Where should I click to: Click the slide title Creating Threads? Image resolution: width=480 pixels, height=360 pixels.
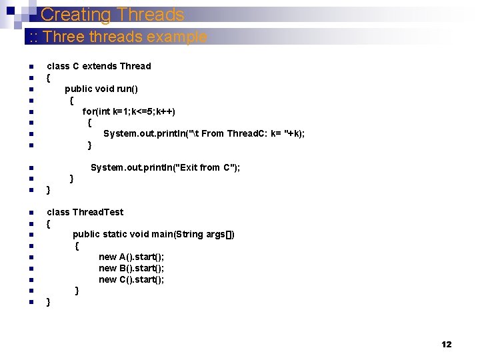click(x=112, y=15)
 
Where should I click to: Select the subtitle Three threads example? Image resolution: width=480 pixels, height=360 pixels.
click(x=117, y=37)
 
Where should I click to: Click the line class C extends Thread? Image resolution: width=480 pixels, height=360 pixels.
click(x=99, y=66)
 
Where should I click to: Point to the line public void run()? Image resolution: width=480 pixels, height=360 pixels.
click(x=101, y=89)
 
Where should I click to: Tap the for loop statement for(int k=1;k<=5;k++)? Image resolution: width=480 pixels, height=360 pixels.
click(x=129, y=111)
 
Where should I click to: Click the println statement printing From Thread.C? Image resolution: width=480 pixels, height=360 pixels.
click(x=204, y=133)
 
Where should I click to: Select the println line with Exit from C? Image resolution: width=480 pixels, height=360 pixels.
click(x=165, y=167)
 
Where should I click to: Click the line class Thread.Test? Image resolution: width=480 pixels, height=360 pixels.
click(x=85, y=212)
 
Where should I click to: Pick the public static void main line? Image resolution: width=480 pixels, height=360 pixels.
click(x=153, y=234)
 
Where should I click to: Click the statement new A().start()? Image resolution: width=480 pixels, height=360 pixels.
click(x=131, y=257)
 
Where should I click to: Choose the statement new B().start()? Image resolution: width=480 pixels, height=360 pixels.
click(x=131, y=268)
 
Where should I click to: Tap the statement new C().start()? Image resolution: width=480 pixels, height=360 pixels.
click(x=131, y=279)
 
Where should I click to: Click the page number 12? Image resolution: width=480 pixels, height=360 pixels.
click(x=446, y=345)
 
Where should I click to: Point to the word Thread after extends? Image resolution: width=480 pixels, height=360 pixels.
click(x=135, y=66)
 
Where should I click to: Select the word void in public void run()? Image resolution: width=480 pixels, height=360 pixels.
click(x=105, y=89)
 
